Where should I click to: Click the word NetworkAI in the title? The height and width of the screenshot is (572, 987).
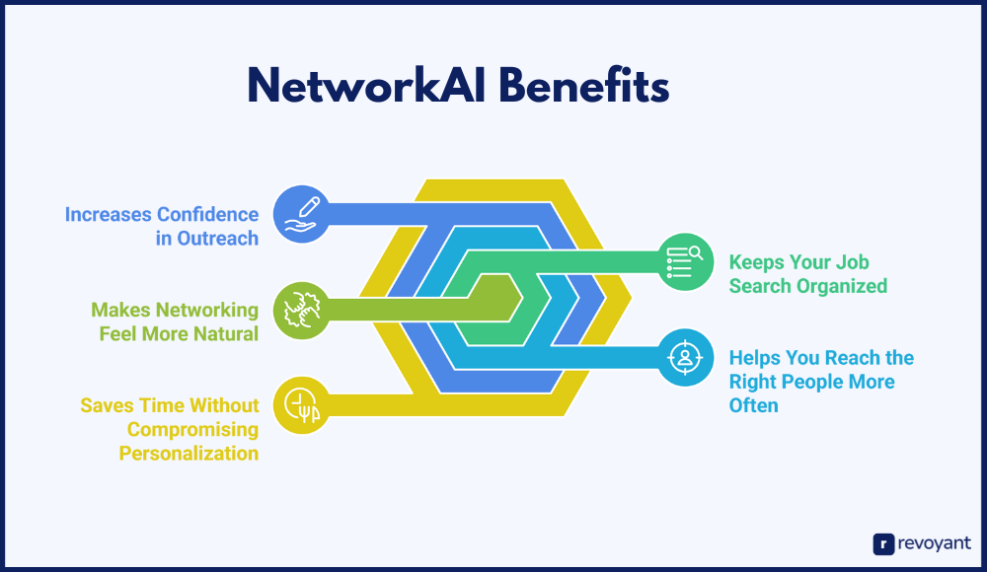coord(366,86)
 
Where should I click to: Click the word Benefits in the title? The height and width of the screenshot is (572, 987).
coord(584,86)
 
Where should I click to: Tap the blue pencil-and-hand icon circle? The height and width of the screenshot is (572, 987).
coord(301,214)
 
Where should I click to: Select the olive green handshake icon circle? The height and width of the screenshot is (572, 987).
coord(301,311)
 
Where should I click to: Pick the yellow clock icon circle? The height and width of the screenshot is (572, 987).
coord(301,405)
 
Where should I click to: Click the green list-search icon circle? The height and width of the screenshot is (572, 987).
coord(686,262)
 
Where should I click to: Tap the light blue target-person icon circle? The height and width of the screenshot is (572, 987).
coord(686,357)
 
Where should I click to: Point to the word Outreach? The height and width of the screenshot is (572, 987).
coord(218,239)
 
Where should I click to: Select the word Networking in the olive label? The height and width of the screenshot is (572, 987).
coord(207,311)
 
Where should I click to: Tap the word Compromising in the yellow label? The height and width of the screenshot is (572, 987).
coord(192,430)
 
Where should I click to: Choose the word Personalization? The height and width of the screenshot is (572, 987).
coord(189,453)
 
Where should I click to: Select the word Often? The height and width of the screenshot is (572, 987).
coord(753,405)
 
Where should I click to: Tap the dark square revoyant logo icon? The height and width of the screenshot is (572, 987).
coord(883,544)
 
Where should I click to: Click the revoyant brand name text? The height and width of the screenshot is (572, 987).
coord(935,543)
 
